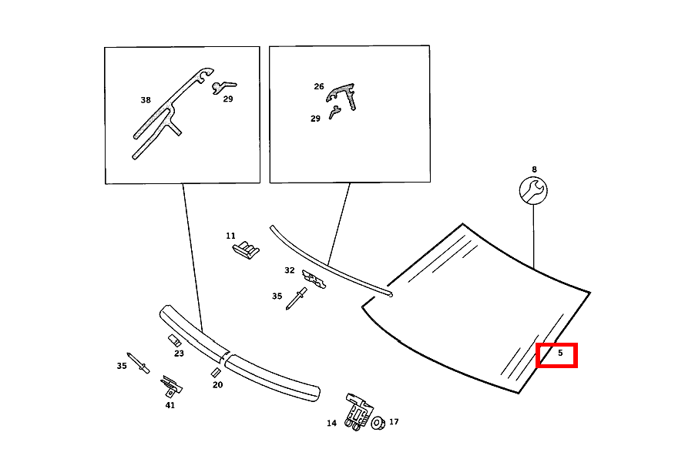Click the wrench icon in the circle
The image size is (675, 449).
(x=532, y=190)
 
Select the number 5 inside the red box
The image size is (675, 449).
(x=560, y=354)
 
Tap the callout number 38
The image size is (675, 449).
(x=146, y=100)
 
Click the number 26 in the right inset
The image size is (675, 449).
(x=319, y=87)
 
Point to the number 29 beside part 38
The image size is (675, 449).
(x=228, y=99)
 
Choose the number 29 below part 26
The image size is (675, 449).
(x=315, y=119)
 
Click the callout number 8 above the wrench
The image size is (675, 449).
(x=534, y=169)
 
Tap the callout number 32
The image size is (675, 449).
(x=289, y=270)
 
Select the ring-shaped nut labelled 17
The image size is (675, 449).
(x=378, y=422)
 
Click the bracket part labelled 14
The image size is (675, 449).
(x=355, y=409)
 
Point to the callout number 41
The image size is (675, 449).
(x=170, y=405)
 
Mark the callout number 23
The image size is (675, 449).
(x=179, y=354)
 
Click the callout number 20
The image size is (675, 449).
(x=217, y=384)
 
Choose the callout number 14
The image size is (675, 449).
(x=331, y=423)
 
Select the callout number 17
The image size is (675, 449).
(x=394, y=422)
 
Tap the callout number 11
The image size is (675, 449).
(x=230, y=236)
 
